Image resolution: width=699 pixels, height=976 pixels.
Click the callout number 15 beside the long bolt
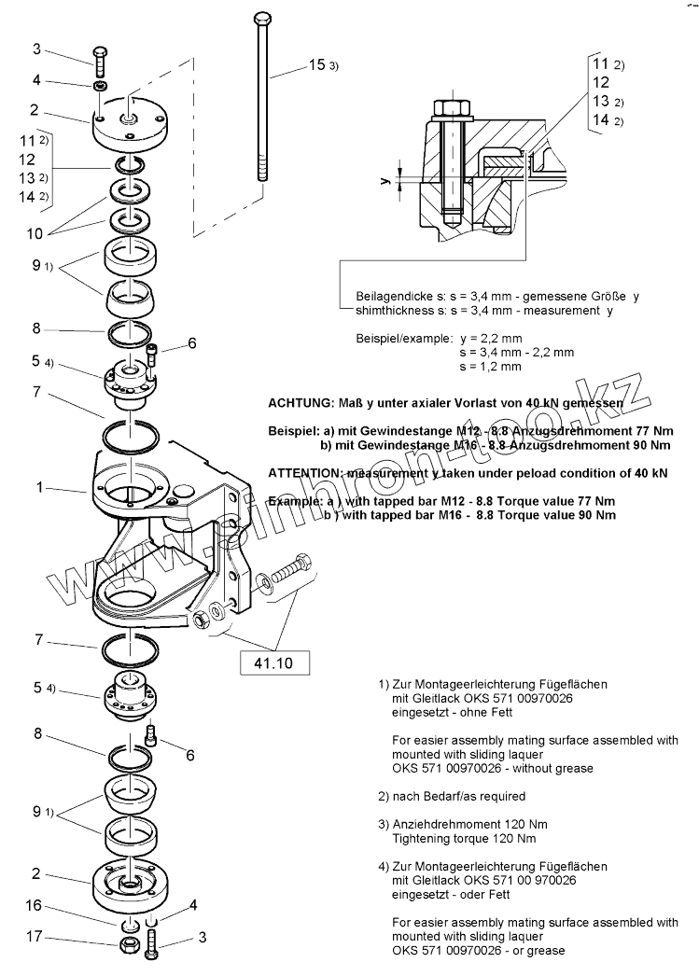point(316,65)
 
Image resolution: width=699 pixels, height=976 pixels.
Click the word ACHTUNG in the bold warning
point(299,403)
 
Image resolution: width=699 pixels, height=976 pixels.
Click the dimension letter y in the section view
point(384,182)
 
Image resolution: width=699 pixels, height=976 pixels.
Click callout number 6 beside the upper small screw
point(191,343)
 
